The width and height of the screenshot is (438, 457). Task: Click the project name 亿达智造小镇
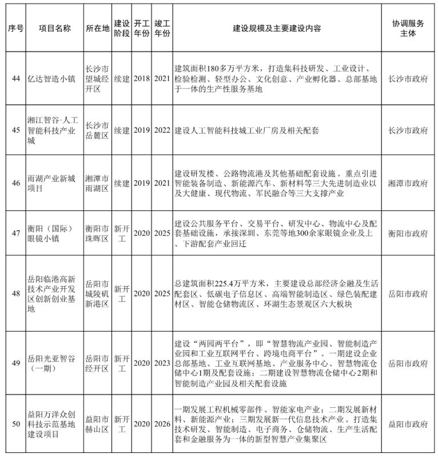pos(51,78)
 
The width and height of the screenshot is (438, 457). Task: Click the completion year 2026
pos(162,424)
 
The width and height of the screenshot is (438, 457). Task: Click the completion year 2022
pos(162,130)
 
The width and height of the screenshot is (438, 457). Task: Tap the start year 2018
pos(142,78)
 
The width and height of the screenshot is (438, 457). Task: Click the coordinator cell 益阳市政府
pos(408,424)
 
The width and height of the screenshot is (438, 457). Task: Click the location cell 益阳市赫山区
pos(97,424)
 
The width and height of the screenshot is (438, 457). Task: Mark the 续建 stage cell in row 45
pos(121,130)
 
